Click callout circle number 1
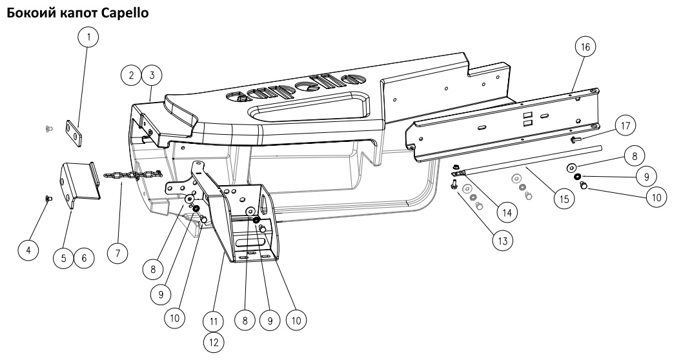pos(88,37)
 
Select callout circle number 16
pos(585,47)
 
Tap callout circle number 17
pos(625,126)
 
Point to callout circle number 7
pos(118,253)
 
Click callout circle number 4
pos(28,250)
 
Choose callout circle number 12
pos(214,342)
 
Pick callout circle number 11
pos(214,321)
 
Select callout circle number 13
pos(502,240)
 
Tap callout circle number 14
pos(507,213)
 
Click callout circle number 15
pos(564,199)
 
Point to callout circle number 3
pos(152,75)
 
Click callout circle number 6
pos(84,258)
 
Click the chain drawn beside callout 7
pos(133,175)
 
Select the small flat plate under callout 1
pos(74,134)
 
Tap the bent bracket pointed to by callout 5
pos(80,185)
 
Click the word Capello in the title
pos(125,13)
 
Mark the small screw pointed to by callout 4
pos(48,199)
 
